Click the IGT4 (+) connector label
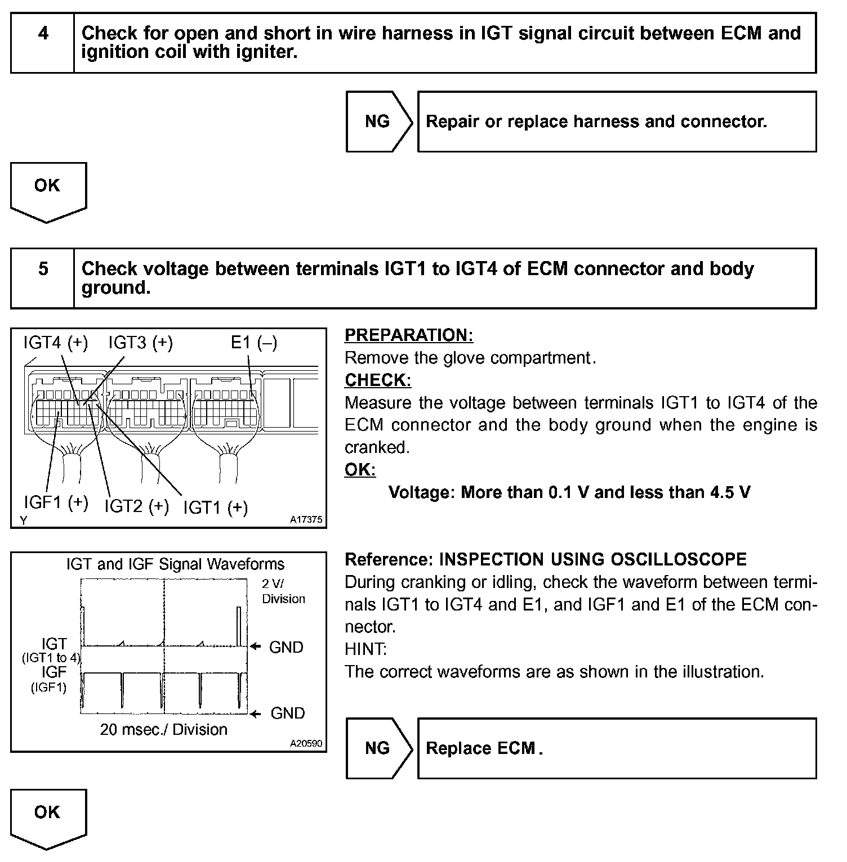click(56, 342)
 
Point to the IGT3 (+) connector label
click(140, 342)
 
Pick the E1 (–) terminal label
click(254, 342)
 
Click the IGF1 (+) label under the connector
click(56, 502)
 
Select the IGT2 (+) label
click(136, 506)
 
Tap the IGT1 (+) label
click(216, 508)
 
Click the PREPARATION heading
click(409, 335)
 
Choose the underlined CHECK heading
click(378, 380)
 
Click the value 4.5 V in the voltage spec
click(730, 492)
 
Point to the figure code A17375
click(306, 520)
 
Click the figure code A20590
click(306, 743)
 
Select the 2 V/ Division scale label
click(283, 591)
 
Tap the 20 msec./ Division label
click(164, 730)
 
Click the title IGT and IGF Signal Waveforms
click(175, 564)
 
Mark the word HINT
click(365, 649)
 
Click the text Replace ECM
click(482, 748)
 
